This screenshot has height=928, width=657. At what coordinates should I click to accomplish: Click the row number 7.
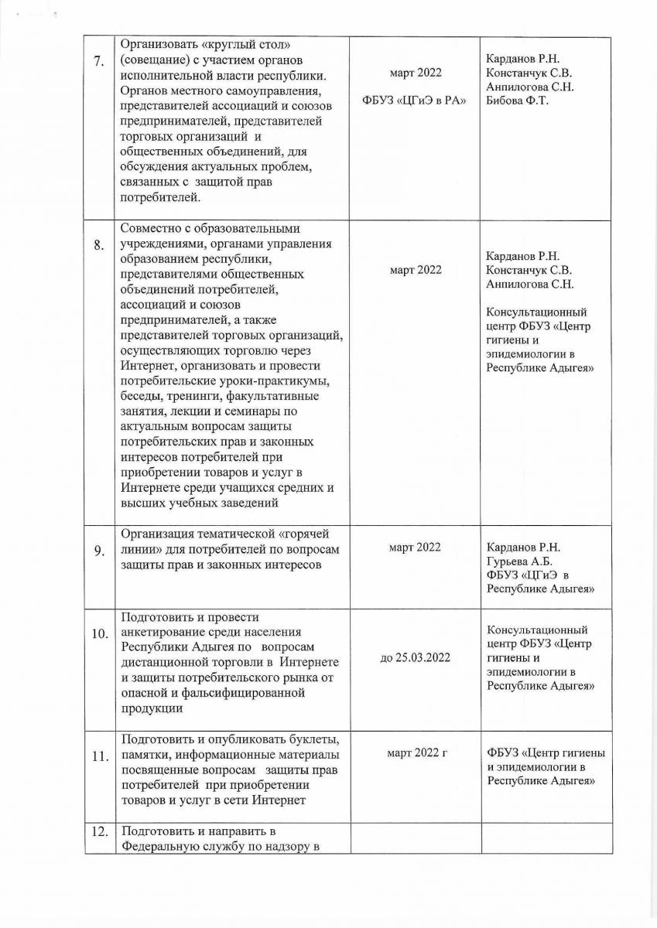tap(99, 63)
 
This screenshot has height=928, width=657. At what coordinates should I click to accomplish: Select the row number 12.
tap(99, 832)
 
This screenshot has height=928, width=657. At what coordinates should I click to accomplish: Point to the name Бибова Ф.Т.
tap(516, 101)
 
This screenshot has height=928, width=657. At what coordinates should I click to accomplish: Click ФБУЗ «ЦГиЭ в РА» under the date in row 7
tap(415, 102)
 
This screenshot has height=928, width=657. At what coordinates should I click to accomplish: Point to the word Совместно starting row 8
tap(152, 229)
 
